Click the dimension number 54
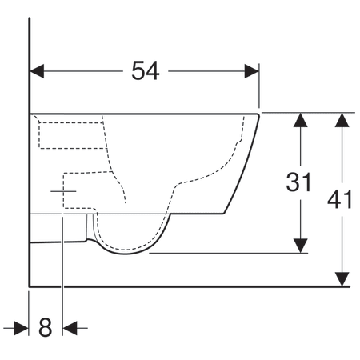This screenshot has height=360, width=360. click(x=145, y=70)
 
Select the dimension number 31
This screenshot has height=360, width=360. click(x=298, y=183)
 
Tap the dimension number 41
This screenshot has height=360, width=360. click(x=342, y=199)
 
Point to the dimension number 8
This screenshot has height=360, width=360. click(x=45, y=327)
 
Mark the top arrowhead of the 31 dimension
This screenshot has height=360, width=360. click(x=300, y=120)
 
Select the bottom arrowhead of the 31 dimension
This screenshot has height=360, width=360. click(x=300, y=246)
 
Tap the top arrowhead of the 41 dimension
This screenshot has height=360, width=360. click(x=342, y=120)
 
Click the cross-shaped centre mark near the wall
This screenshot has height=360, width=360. click(x=62, y=192)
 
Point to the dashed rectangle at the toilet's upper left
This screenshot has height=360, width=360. click(x=72, y=134)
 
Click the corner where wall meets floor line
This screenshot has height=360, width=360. click(x=30, y=285)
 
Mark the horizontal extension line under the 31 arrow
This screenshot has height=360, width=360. click(x=228, y=254)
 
